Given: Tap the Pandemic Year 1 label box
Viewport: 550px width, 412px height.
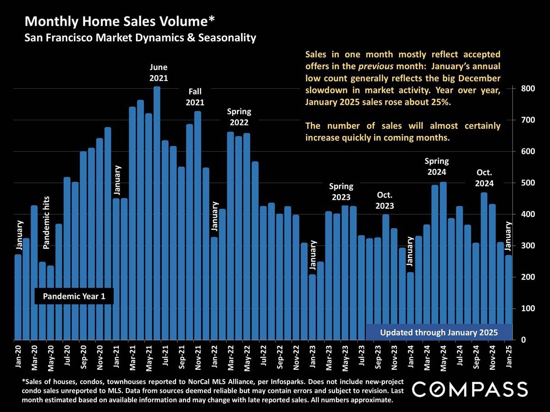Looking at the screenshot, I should point(74,297).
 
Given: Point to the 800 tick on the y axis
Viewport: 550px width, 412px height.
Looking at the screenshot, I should point(526,89).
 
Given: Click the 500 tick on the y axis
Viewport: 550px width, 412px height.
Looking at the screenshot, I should point(526,183).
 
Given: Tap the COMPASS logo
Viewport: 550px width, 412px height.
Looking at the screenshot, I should point(470,390).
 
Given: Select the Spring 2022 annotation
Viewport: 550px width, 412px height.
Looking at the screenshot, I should point(239,117).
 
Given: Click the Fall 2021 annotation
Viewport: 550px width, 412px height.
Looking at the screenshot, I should point(195,97).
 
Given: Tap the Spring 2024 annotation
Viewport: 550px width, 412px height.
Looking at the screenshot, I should point(436,167).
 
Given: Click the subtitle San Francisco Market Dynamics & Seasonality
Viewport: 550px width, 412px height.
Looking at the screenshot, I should point(140,38).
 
